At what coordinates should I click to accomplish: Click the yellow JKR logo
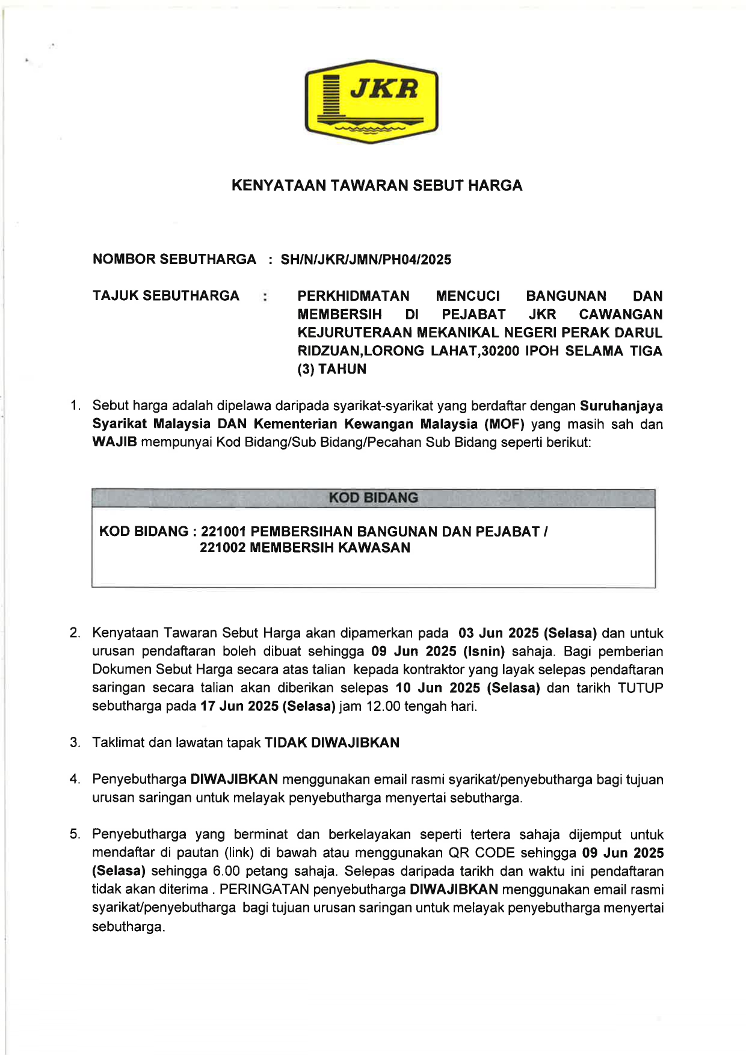(371, 101)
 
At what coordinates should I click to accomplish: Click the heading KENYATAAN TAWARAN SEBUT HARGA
(377, 185)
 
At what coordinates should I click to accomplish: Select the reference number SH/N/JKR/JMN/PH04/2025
(366, 260)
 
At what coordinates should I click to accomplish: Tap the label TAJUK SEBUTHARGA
(166, 296)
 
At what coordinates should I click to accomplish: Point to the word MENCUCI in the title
(467, 296)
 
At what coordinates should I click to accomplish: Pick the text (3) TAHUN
(332, 369)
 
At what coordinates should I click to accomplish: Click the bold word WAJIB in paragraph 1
(114, 443)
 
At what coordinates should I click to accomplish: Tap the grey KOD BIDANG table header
(373, 498)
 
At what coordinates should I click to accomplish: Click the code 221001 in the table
(223, 532)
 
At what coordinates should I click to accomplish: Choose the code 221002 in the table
(222, 548)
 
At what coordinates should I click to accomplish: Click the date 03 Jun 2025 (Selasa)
(528, 633)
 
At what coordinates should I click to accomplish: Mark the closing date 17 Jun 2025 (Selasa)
(268, 706)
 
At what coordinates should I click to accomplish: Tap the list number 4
(75, 780)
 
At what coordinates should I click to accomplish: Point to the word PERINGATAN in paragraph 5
(264, 890)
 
